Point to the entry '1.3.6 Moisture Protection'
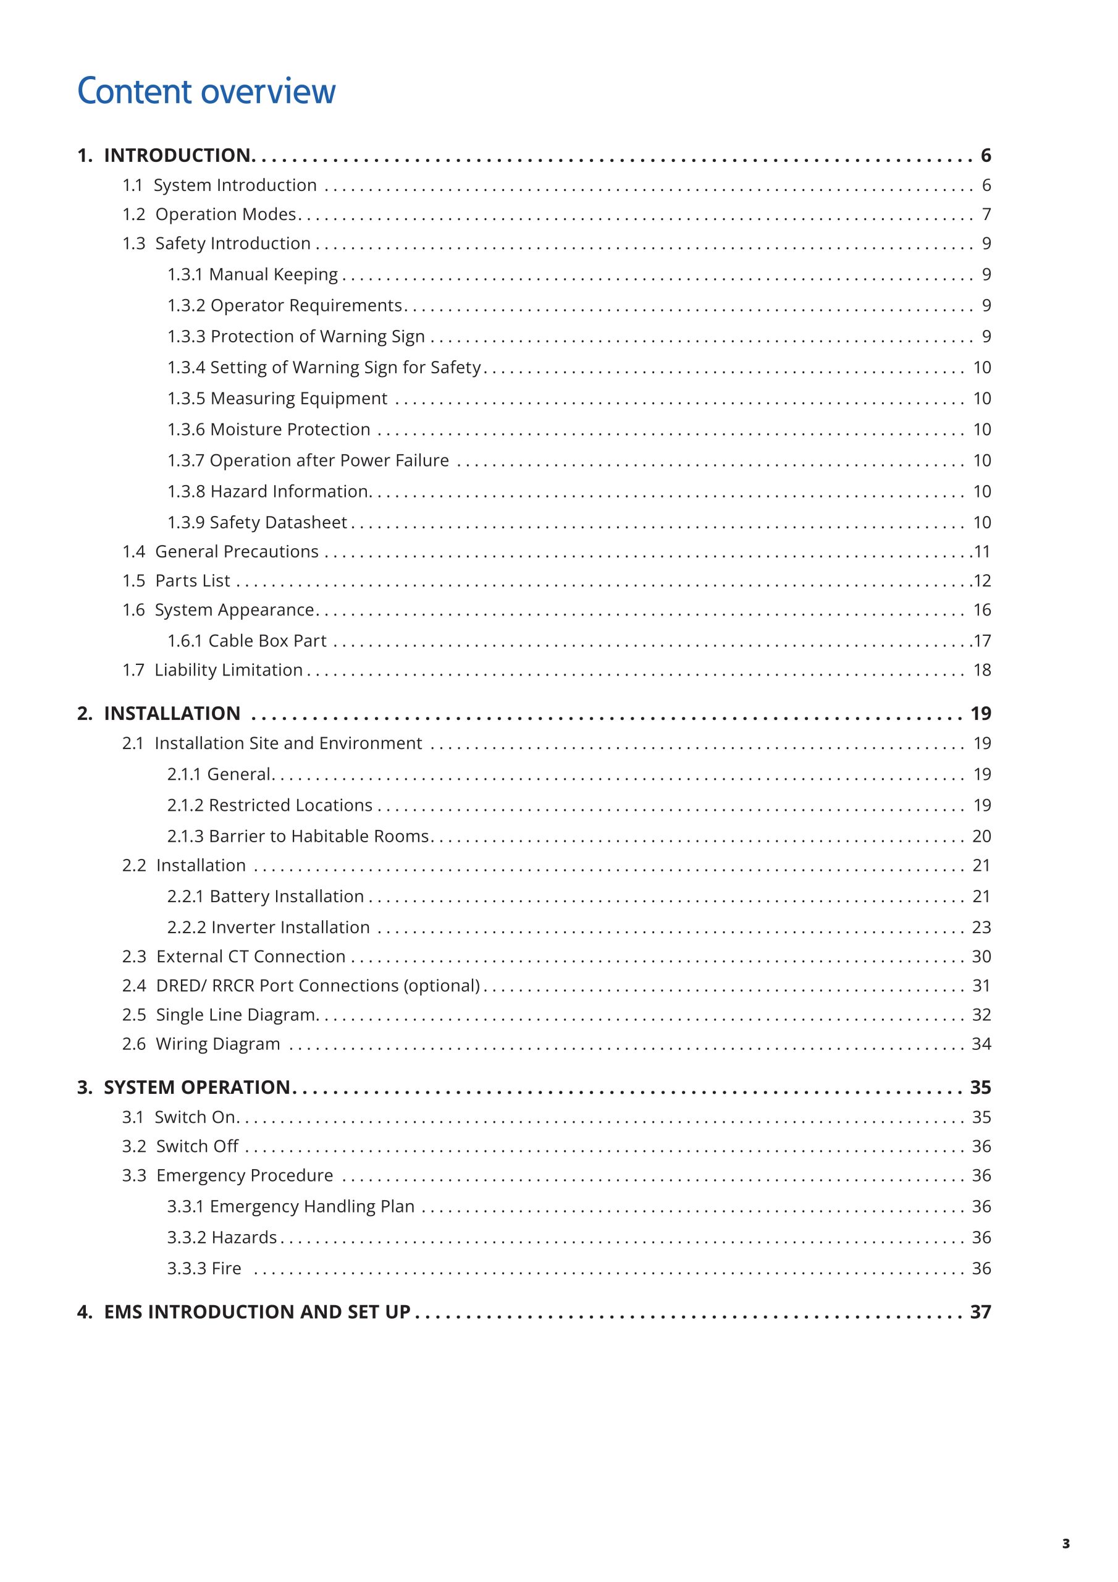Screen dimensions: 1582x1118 269,429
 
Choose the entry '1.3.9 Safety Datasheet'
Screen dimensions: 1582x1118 257,522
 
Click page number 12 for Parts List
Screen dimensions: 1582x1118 981,581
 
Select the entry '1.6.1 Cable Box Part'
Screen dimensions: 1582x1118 246,641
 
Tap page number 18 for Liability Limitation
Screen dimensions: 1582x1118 981,670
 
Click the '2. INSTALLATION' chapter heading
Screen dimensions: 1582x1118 159,714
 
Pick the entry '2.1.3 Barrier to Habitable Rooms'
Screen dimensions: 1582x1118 298,837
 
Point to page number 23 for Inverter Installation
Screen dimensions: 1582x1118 981,928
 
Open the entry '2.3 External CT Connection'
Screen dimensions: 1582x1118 233,957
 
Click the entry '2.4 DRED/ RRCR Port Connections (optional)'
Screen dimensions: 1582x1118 300,986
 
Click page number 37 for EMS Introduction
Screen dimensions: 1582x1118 980,1312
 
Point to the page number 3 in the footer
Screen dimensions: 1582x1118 1065,1544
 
